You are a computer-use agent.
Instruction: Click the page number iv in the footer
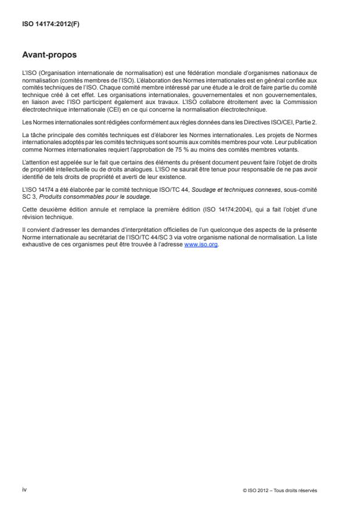24,490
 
